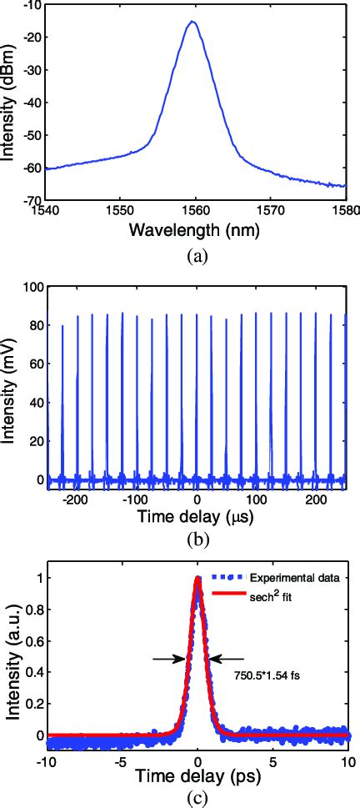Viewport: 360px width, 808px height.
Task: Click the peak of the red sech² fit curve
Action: [x=197, y=578]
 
